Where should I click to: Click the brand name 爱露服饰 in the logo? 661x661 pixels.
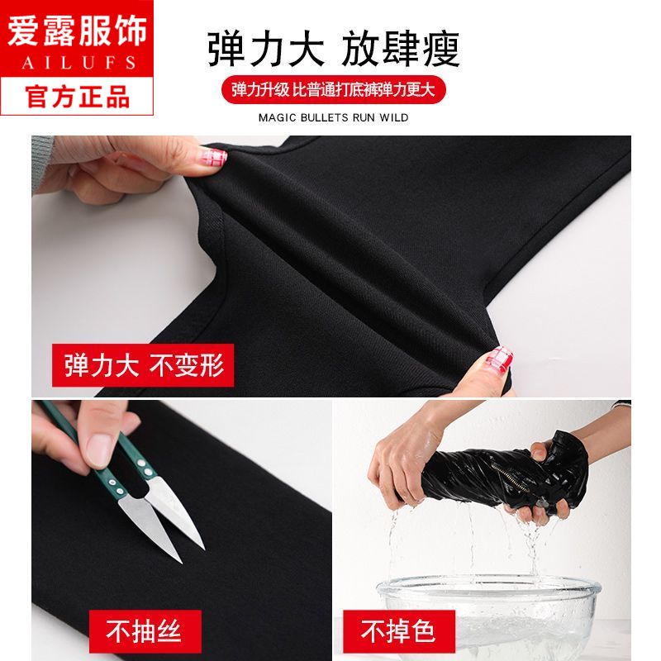point(77,31)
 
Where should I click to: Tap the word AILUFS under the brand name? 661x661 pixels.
point(78,63)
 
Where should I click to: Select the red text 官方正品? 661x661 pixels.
point(77,97)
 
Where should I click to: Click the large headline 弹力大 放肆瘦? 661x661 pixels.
point(334,49)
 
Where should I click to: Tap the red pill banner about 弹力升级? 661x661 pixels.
point(334,89)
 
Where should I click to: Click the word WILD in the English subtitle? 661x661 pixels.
point(394,117)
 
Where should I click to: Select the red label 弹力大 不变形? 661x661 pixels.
point(143,365)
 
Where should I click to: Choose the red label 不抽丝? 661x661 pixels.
point(145,631)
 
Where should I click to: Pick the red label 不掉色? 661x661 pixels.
point(399,631)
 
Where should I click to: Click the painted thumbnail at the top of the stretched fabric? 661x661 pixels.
point(212,156)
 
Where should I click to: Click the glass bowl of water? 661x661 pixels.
point(489,615)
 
